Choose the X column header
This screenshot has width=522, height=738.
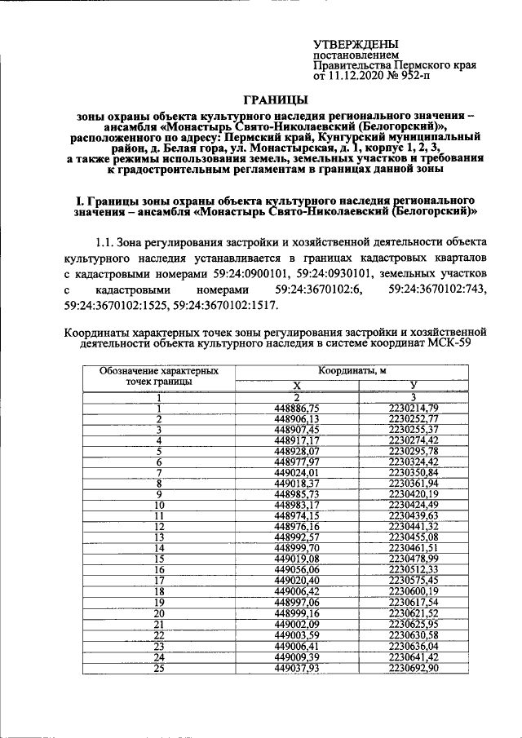[x=298, y=385]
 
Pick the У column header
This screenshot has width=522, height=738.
[x=414, y=385]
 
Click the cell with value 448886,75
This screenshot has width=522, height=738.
[x=298, y=407]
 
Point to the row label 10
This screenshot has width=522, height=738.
[x=160, y=505]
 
